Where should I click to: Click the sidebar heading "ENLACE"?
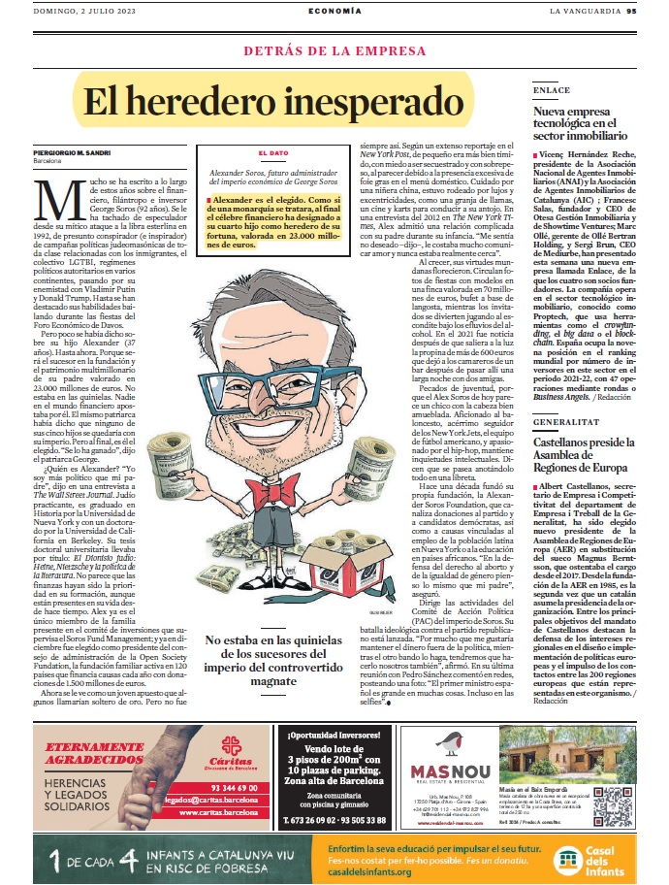551,90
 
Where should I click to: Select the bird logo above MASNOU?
445,743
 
